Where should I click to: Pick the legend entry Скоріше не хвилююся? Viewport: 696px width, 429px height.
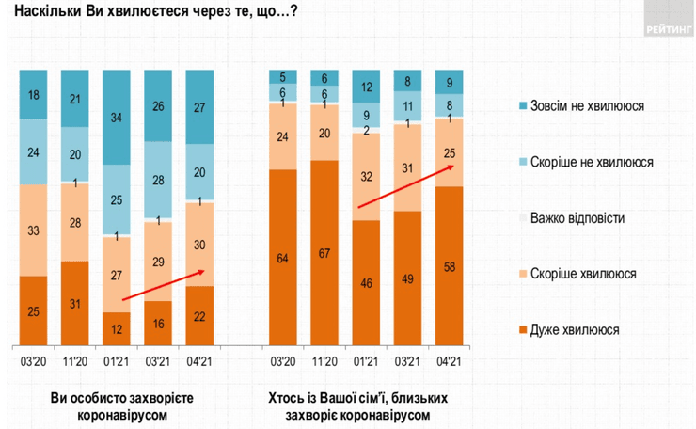(x=587, y=162)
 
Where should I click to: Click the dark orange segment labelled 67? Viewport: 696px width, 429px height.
(x=324, y=252)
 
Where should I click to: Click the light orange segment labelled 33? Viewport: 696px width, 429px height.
(x=33, y=230)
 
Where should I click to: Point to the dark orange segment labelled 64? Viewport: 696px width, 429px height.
(x=283, y=256)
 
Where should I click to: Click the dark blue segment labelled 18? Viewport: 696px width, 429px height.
(x=33, y=94)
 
